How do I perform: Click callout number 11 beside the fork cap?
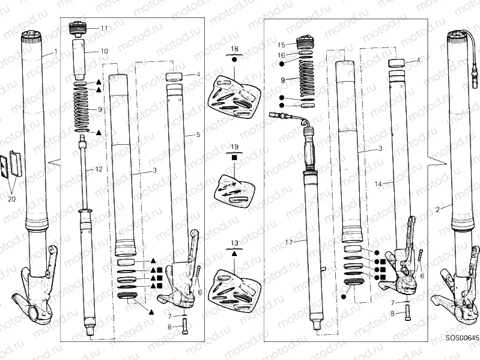(x=104, y=28)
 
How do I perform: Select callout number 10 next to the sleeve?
(x=104, y=52)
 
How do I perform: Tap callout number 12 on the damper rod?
(x=99, y=170)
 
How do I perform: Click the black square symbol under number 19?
(x=234, y=157)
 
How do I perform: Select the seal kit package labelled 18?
(x=233, y=95)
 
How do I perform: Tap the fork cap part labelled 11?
(x=79, y=28)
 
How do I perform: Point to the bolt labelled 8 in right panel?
(x=406, y=313)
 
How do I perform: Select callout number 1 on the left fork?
(x=56, y=52)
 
